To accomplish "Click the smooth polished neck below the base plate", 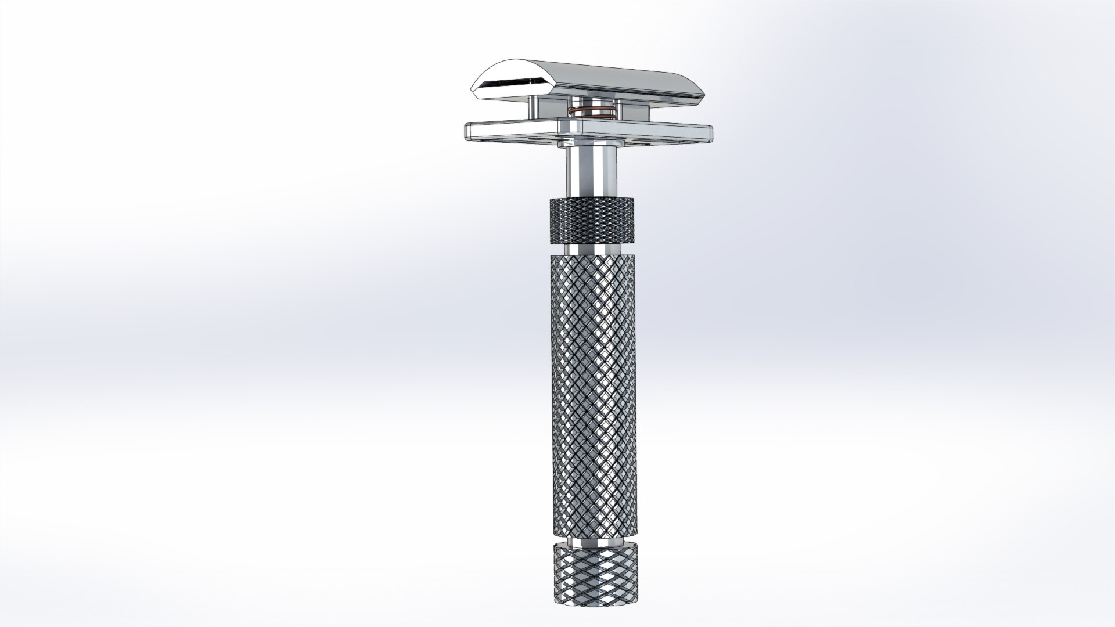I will (589, 171).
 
